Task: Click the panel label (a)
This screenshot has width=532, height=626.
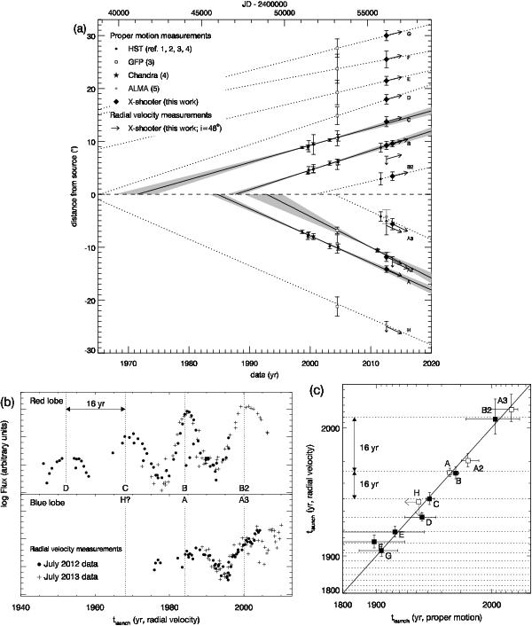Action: [x=79, y=29]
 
